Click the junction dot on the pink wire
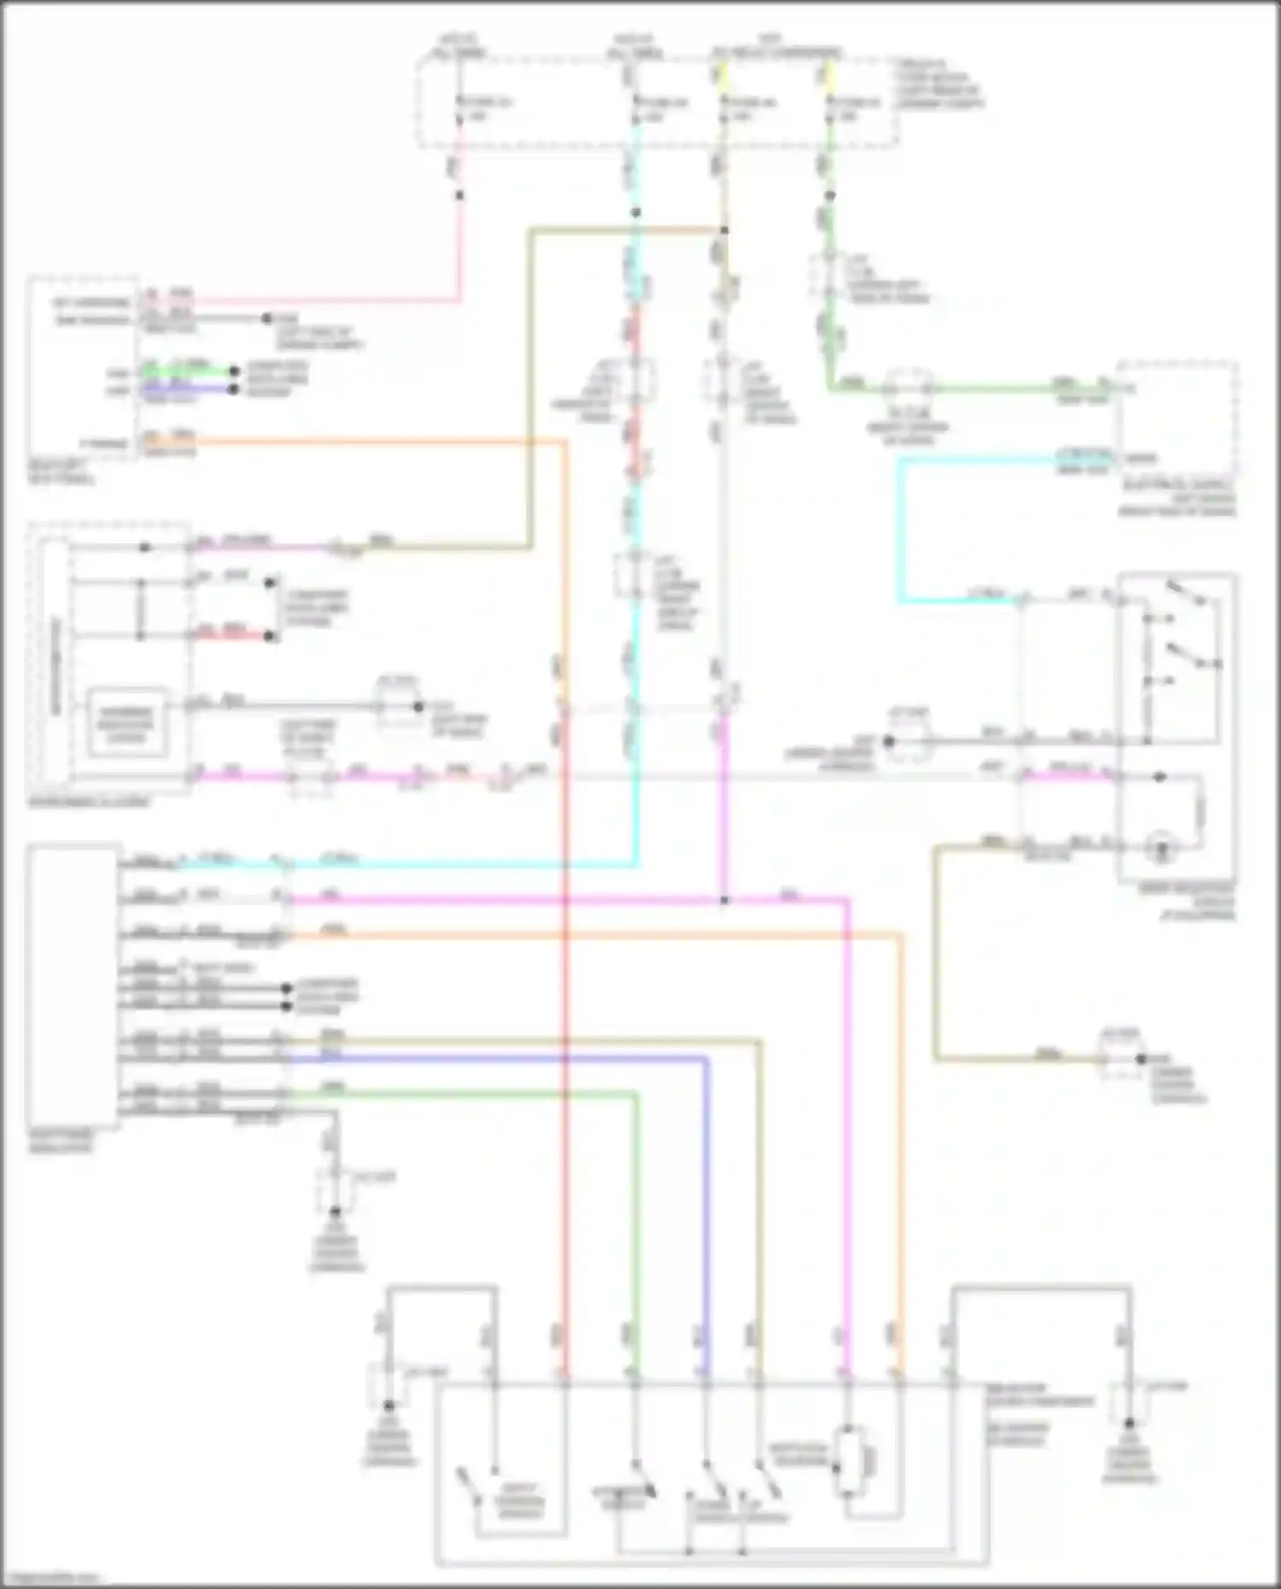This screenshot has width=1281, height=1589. click(459, 196)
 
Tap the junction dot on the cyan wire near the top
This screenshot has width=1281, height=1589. click(635, 213)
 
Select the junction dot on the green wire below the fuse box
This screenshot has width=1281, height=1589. click(829, 196)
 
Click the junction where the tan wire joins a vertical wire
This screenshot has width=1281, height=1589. click(723, 231)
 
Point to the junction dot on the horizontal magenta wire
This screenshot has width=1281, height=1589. click(723, 900)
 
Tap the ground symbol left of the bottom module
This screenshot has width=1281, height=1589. click(389, 1428)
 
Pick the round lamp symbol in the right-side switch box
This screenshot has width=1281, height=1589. click(1161, 848)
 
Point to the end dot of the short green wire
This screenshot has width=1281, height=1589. click(234, 372)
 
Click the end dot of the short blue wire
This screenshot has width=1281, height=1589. click(234, 389)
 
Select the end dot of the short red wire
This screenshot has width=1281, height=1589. click(270, 636)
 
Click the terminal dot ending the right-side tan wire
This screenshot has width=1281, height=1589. click(1140, 1060)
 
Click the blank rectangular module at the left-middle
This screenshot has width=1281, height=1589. click(73, 986)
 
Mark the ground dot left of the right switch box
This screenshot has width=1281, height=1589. click(888, 741)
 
